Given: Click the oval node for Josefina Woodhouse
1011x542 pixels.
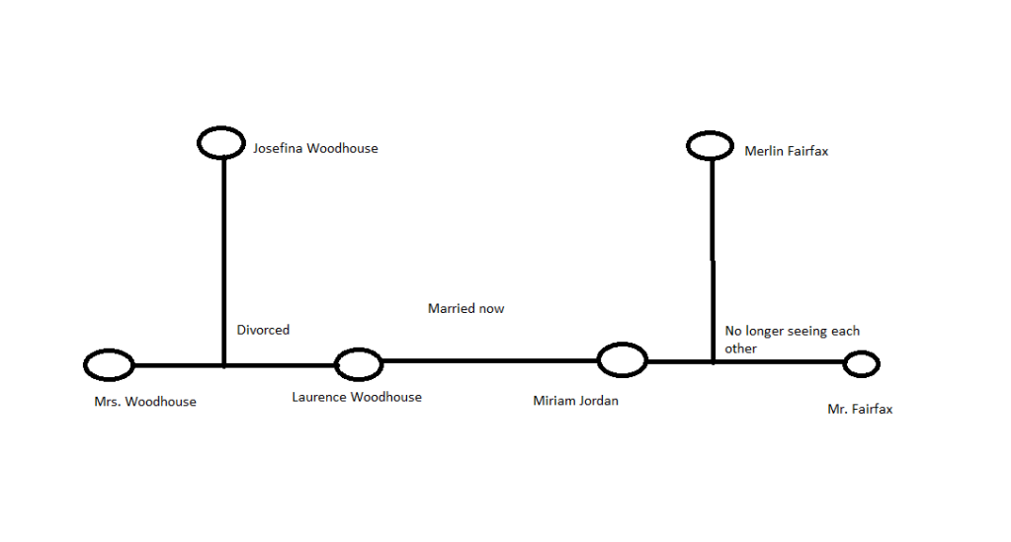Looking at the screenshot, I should click(x=221, y=142).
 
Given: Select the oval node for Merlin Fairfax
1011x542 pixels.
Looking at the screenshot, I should click(x=710, y=146).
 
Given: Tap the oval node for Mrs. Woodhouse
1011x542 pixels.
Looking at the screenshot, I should click(x=109, y=365).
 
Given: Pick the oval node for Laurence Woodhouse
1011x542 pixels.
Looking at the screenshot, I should click(x=358, y=364).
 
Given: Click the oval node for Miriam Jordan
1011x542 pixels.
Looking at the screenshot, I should click(x=623, y=360).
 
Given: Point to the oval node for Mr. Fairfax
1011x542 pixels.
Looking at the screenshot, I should click(x=861, y=364).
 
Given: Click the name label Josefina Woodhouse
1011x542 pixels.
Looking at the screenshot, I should click(x=315, y=149).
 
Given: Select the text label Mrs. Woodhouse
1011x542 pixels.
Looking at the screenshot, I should click(x=145, y=402).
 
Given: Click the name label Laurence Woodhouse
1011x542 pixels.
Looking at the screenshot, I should click(x=357, y=397).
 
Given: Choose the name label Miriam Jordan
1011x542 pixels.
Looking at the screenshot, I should click(x=575, y=400).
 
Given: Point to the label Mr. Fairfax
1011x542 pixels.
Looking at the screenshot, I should click(x=860, y=409).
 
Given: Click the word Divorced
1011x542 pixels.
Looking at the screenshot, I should click(x=263, y=330).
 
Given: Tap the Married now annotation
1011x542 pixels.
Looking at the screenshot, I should click(x=465, y=309).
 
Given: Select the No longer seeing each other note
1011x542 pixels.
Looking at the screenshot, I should click(x=792, y=340).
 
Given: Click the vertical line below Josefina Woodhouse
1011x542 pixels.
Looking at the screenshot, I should click(x=224, y=257).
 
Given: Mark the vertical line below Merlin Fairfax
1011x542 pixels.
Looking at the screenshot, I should click(x=713, y=257).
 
